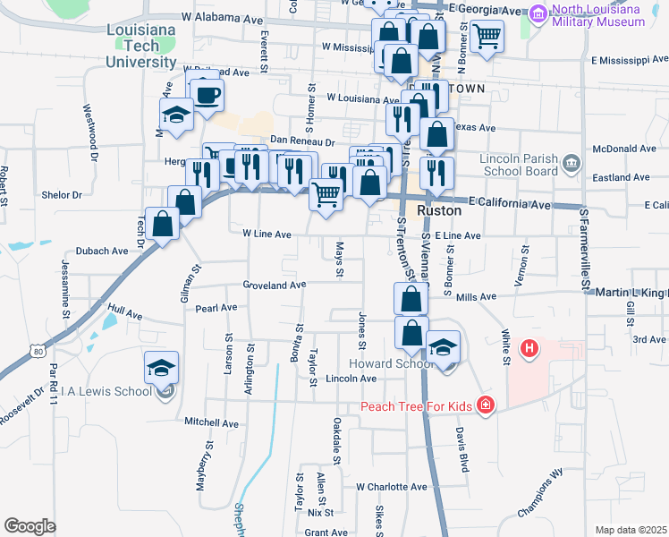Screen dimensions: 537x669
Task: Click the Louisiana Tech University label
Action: [141, 48]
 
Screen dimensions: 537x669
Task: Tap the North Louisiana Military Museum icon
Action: [539, 13]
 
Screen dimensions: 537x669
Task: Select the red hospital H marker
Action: [529, 347]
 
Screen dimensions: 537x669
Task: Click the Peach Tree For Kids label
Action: [418, 406]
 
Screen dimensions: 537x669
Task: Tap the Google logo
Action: [30, 525]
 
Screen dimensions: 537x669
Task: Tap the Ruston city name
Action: [440, 209]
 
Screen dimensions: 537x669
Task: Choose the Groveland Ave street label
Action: [275, 285]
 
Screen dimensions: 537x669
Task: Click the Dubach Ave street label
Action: [102, 251]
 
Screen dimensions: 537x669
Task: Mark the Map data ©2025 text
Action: [631, 530]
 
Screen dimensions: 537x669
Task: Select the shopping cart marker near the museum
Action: [487, 37]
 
